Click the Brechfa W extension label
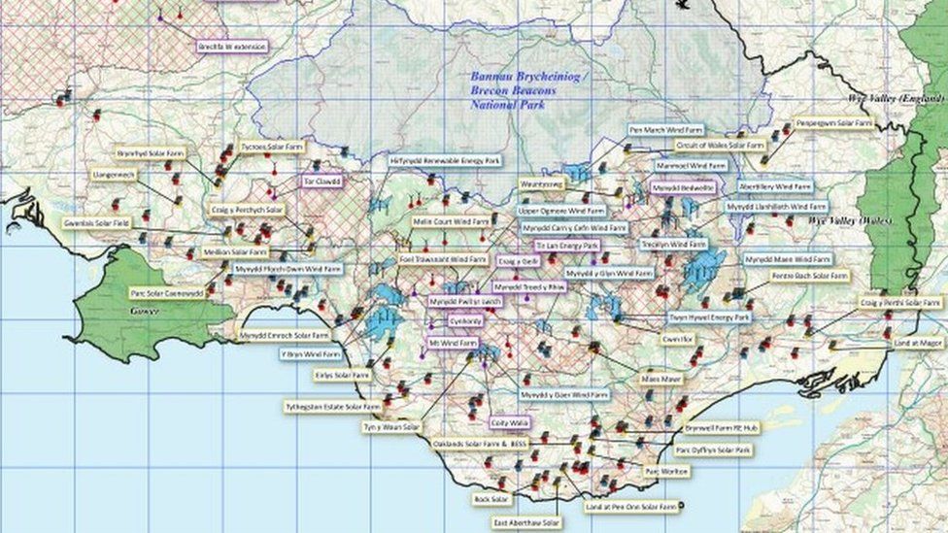232,46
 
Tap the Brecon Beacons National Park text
514,89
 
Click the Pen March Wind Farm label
665,129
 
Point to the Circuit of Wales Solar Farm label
721,145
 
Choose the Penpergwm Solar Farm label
833,123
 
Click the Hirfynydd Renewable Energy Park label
444,159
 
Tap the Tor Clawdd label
322,181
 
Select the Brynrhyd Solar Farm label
151,152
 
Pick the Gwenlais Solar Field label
96,222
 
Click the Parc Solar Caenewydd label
166,292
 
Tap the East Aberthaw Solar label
526,523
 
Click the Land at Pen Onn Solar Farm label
631,507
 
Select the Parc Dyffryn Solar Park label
713,450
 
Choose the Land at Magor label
918,342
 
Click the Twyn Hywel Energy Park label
708,317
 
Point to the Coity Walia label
509,422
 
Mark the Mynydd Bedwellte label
684,187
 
